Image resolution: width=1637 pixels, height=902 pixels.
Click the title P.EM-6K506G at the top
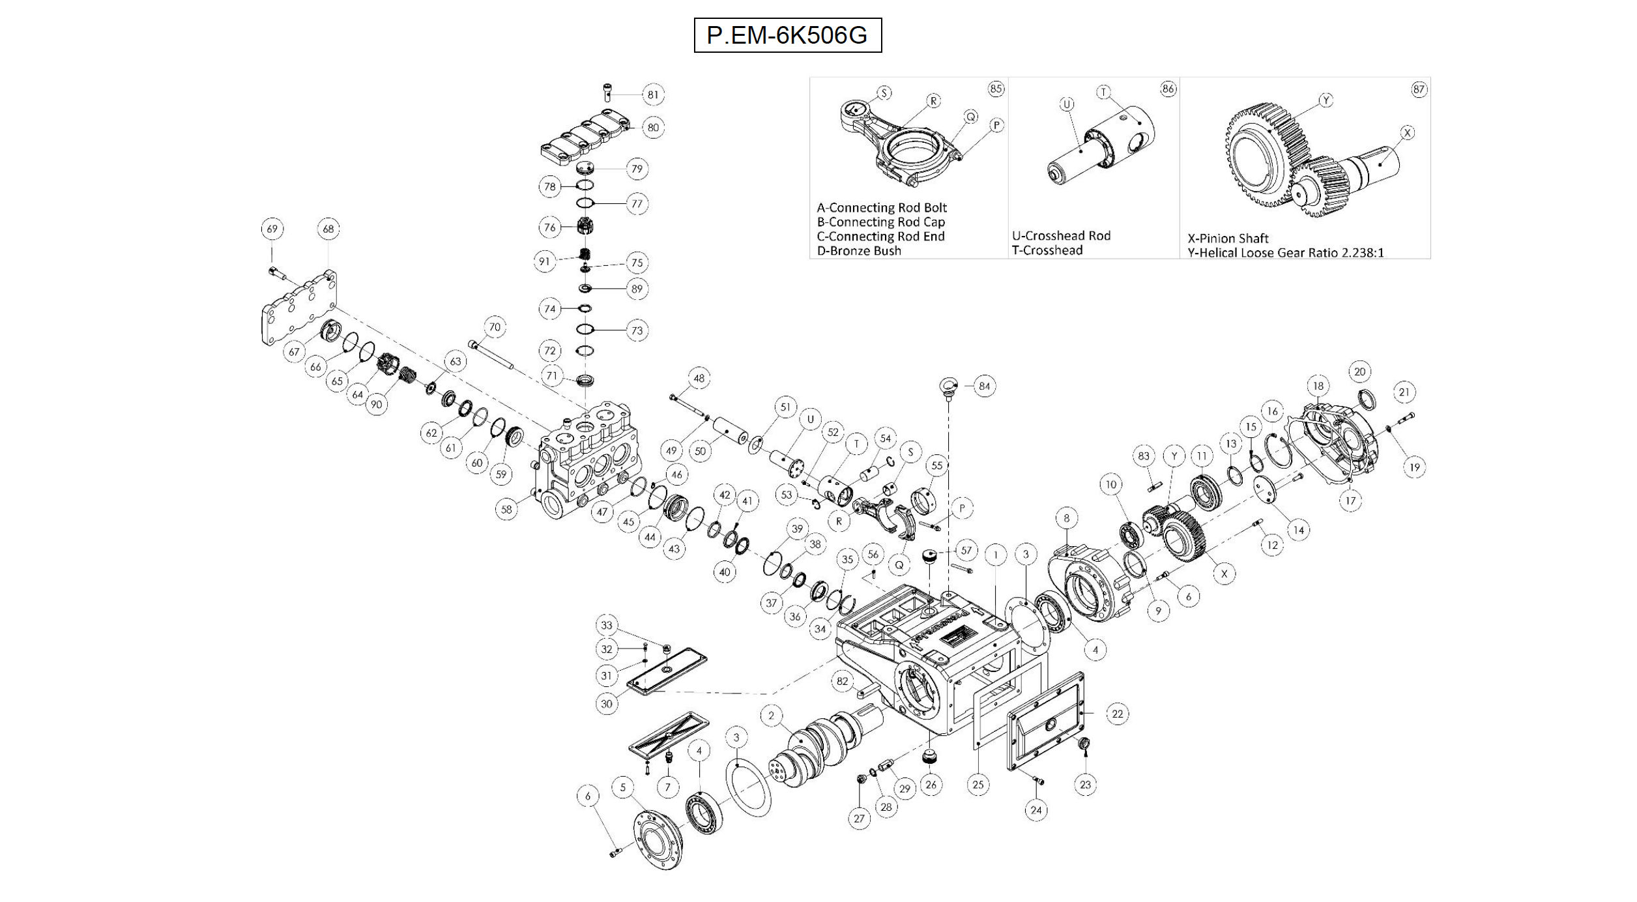click(x=787, y=35)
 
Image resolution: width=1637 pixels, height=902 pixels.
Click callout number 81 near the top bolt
click(x=652, y=95)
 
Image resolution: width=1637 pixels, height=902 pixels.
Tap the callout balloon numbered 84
click(x=984, y=386)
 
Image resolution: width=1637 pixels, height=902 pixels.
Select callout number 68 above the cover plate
click(x=328, y=229)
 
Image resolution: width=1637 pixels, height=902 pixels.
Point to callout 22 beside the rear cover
click(x=1117, y=714)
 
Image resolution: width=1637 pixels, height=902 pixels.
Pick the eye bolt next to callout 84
click(x=948, y=386)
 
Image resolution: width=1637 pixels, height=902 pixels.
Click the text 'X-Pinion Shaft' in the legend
click(x=1228, y=239)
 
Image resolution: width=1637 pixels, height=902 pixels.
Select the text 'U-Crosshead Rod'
click(x=1061, y=236)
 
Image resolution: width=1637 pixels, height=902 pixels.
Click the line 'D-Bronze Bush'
click(x=859, y=251)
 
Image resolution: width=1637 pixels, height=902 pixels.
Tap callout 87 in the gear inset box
click(x=1419, y=89)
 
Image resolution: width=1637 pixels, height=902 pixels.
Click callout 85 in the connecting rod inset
click(x=996, y=89)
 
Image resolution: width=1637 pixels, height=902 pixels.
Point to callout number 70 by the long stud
click(x=495, y=327)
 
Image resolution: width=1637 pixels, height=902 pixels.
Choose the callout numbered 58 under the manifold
click(x=506, y=509)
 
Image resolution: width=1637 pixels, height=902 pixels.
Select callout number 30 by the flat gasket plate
click(x=607, y=703)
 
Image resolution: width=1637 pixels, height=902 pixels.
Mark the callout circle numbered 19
click(x=1414, y=467)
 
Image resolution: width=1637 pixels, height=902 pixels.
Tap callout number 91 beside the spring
click(x=544, y=261)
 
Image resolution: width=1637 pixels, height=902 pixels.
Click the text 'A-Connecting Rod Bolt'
click(x=882, y=208)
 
